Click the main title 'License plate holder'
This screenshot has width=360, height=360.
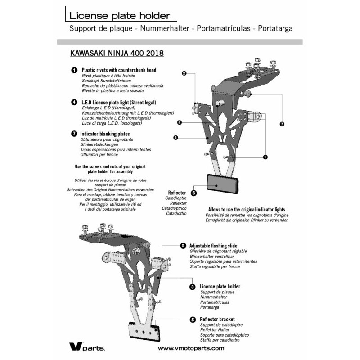pos(119,16)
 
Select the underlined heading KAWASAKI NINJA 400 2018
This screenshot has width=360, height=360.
pos(117,53)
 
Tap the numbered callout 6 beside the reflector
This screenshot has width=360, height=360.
pos(193,193)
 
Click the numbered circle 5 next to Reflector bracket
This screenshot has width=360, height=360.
pos(192,319)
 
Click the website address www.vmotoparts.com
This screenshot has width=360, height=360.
pos(191,348)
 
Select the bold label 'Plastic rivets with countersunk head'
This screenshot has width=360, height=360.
pos(119,70)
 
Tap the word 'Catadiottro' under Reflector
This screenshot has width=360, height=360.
pos(176,214)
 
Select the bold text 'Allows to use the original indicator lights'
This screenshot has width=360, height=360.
pos(247,210)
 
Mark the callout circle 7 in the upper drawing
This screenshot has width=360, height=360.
pos(282,123)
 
